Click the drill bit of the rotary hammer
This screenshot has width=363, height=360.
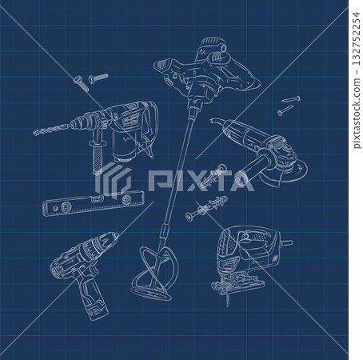point(51,130)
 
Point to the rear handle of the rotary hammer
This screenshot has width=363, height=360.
point(147,128)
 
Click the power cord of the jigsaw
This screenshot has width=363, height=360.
point(285,239)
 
